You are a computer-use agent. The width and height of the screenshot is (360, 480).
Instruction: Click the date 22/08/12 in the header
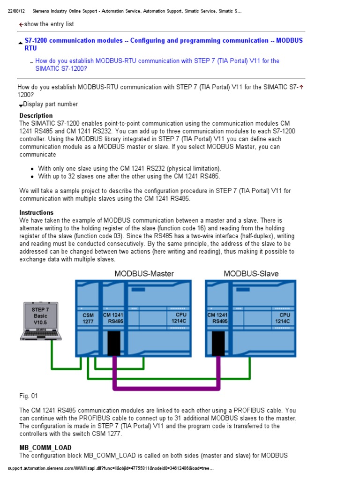point(18,11)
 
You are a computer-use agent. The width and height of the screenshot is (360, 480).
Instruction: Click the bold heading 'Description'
point(36,115)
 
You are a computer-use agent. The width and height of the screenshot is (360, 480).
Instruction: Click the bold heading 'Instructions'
point(37,212)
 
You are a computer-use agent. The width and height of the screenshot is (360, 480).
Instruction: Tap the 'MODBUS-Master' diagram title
point(144,273)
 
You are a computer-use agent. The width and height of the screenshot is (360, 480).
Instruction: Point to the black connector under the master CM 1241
point(114,343)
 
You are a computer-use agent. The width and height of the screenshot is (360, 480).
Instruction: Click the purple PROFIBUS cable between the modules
point(166,388)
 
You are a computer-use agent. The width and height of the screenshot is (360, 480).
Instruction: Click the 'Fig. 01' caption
point(28,397)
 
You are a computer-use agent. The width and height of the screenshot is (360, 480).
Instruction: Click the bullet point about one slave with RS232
point(129,168)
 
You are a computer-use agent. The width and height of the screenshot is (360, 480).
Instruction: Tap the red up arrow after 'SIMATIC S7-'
point(301,87)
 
